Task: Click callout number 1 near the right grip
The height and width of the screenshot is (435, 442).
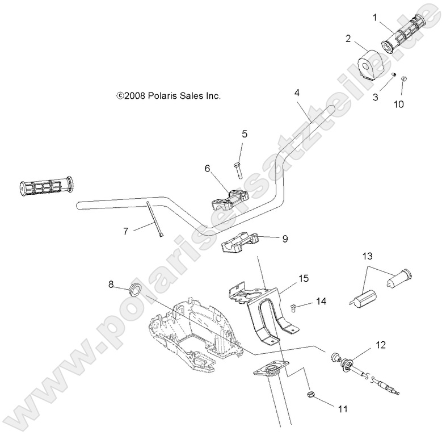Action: click(374, 17)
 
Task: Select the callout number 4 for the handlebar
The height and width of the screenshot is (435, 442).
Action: click(297, 92)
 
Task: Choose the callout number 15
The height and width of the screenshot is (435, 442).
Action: click(304, 279)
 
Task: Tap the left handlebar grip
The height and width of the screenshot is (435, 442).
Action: click(45, 186)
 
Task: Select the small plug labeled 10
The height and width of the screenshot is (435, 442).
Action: click(405, 78)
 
